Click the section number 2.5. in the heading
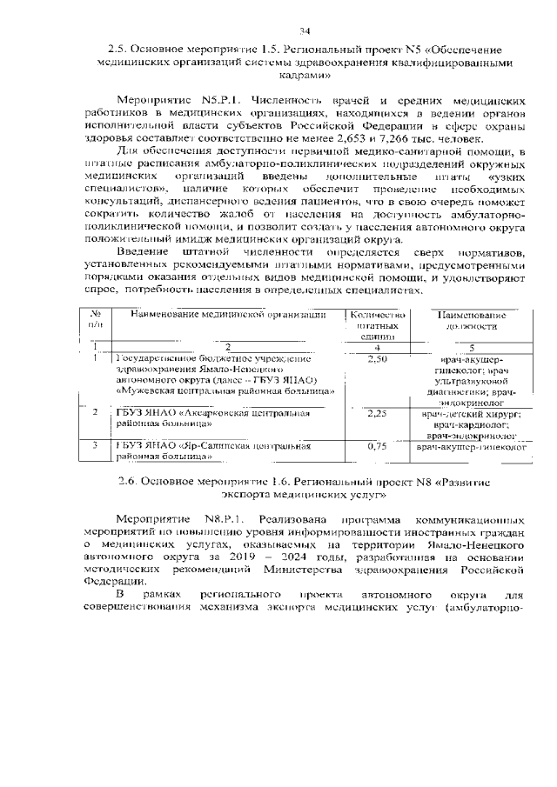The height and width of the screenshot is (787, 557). (118, 49)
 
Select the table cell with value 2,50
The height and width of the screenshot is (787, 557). (377, 358)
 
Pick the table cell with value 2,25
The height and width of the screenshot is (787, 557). (377, 414)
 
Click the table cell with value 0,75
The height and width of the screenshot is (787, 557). (377, 446)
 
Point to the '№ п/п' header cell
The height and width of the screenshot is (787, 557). (97, 320)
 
